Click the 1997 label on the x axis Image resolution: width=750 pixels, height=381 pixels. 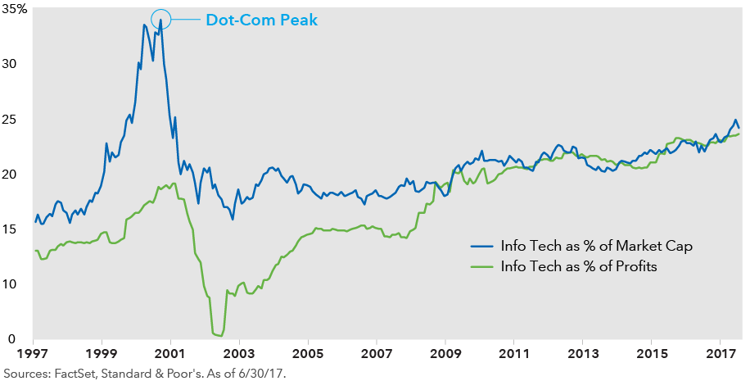[34, 356]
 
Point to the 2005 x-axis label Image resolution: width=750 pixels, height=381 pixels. [308, 356]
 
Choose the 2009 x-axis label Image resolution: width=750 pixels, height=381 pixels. [445, 356]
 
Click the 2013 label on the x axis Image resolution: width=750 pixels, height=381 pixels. [582, 356]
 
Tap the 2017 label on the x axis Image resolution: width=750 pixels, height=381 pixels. [719, 356]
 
